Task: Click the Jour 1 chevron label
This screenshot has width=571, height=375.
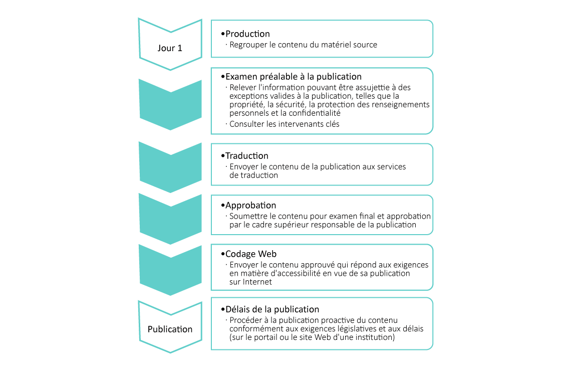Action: [170, 49]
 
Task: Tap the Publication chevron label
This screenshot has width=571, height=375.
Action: [170, 329]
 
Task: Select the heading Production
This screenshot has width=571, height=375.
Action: [247, 34]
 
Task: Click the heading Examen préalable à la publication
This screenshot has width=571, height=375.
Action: [293, 77]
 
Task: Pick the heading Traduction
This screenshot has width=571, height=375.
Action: [247, 156]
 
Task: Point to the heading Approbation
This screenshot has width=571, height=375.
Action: [250, 206]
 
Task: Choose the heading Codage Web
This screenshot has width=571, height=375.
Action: [251, 254]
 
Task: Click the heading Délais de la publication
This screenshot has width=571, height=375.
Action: [272, 309]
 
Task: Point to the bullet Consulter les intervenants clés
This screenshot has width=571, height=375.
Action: [284, 124]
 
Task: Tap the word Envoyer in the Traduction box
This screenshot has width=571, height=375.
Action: [244, 166]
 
